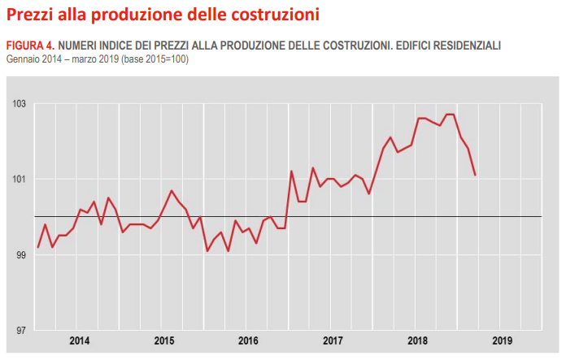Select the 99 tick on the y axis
click(x=20, y=255)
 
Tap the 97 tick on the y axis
click(x=20, y=331)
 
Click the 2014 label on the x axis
click(x=80, y=340)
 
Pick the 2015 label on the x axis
click(x=164, y=340)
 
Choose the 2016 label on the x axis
click(x=249, y=340)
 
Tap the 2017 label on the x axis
click(x=333, y=340)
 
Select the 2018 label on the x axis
click(x=418, y=340)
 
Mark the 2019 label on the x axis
click(x=503, y=340)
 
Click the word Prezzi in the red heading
click(x=30, y=14)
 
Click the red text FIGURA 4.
click(x=31, y=46)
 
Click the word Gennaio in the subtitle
click(x=23, y=59)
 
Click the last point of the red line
click(x=475, y=175)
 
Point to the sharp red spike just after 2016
click(x=291, y=171)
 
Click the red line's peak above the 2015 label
click(x=172, y=190)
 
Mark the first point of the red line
click(x=38, y=247)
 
